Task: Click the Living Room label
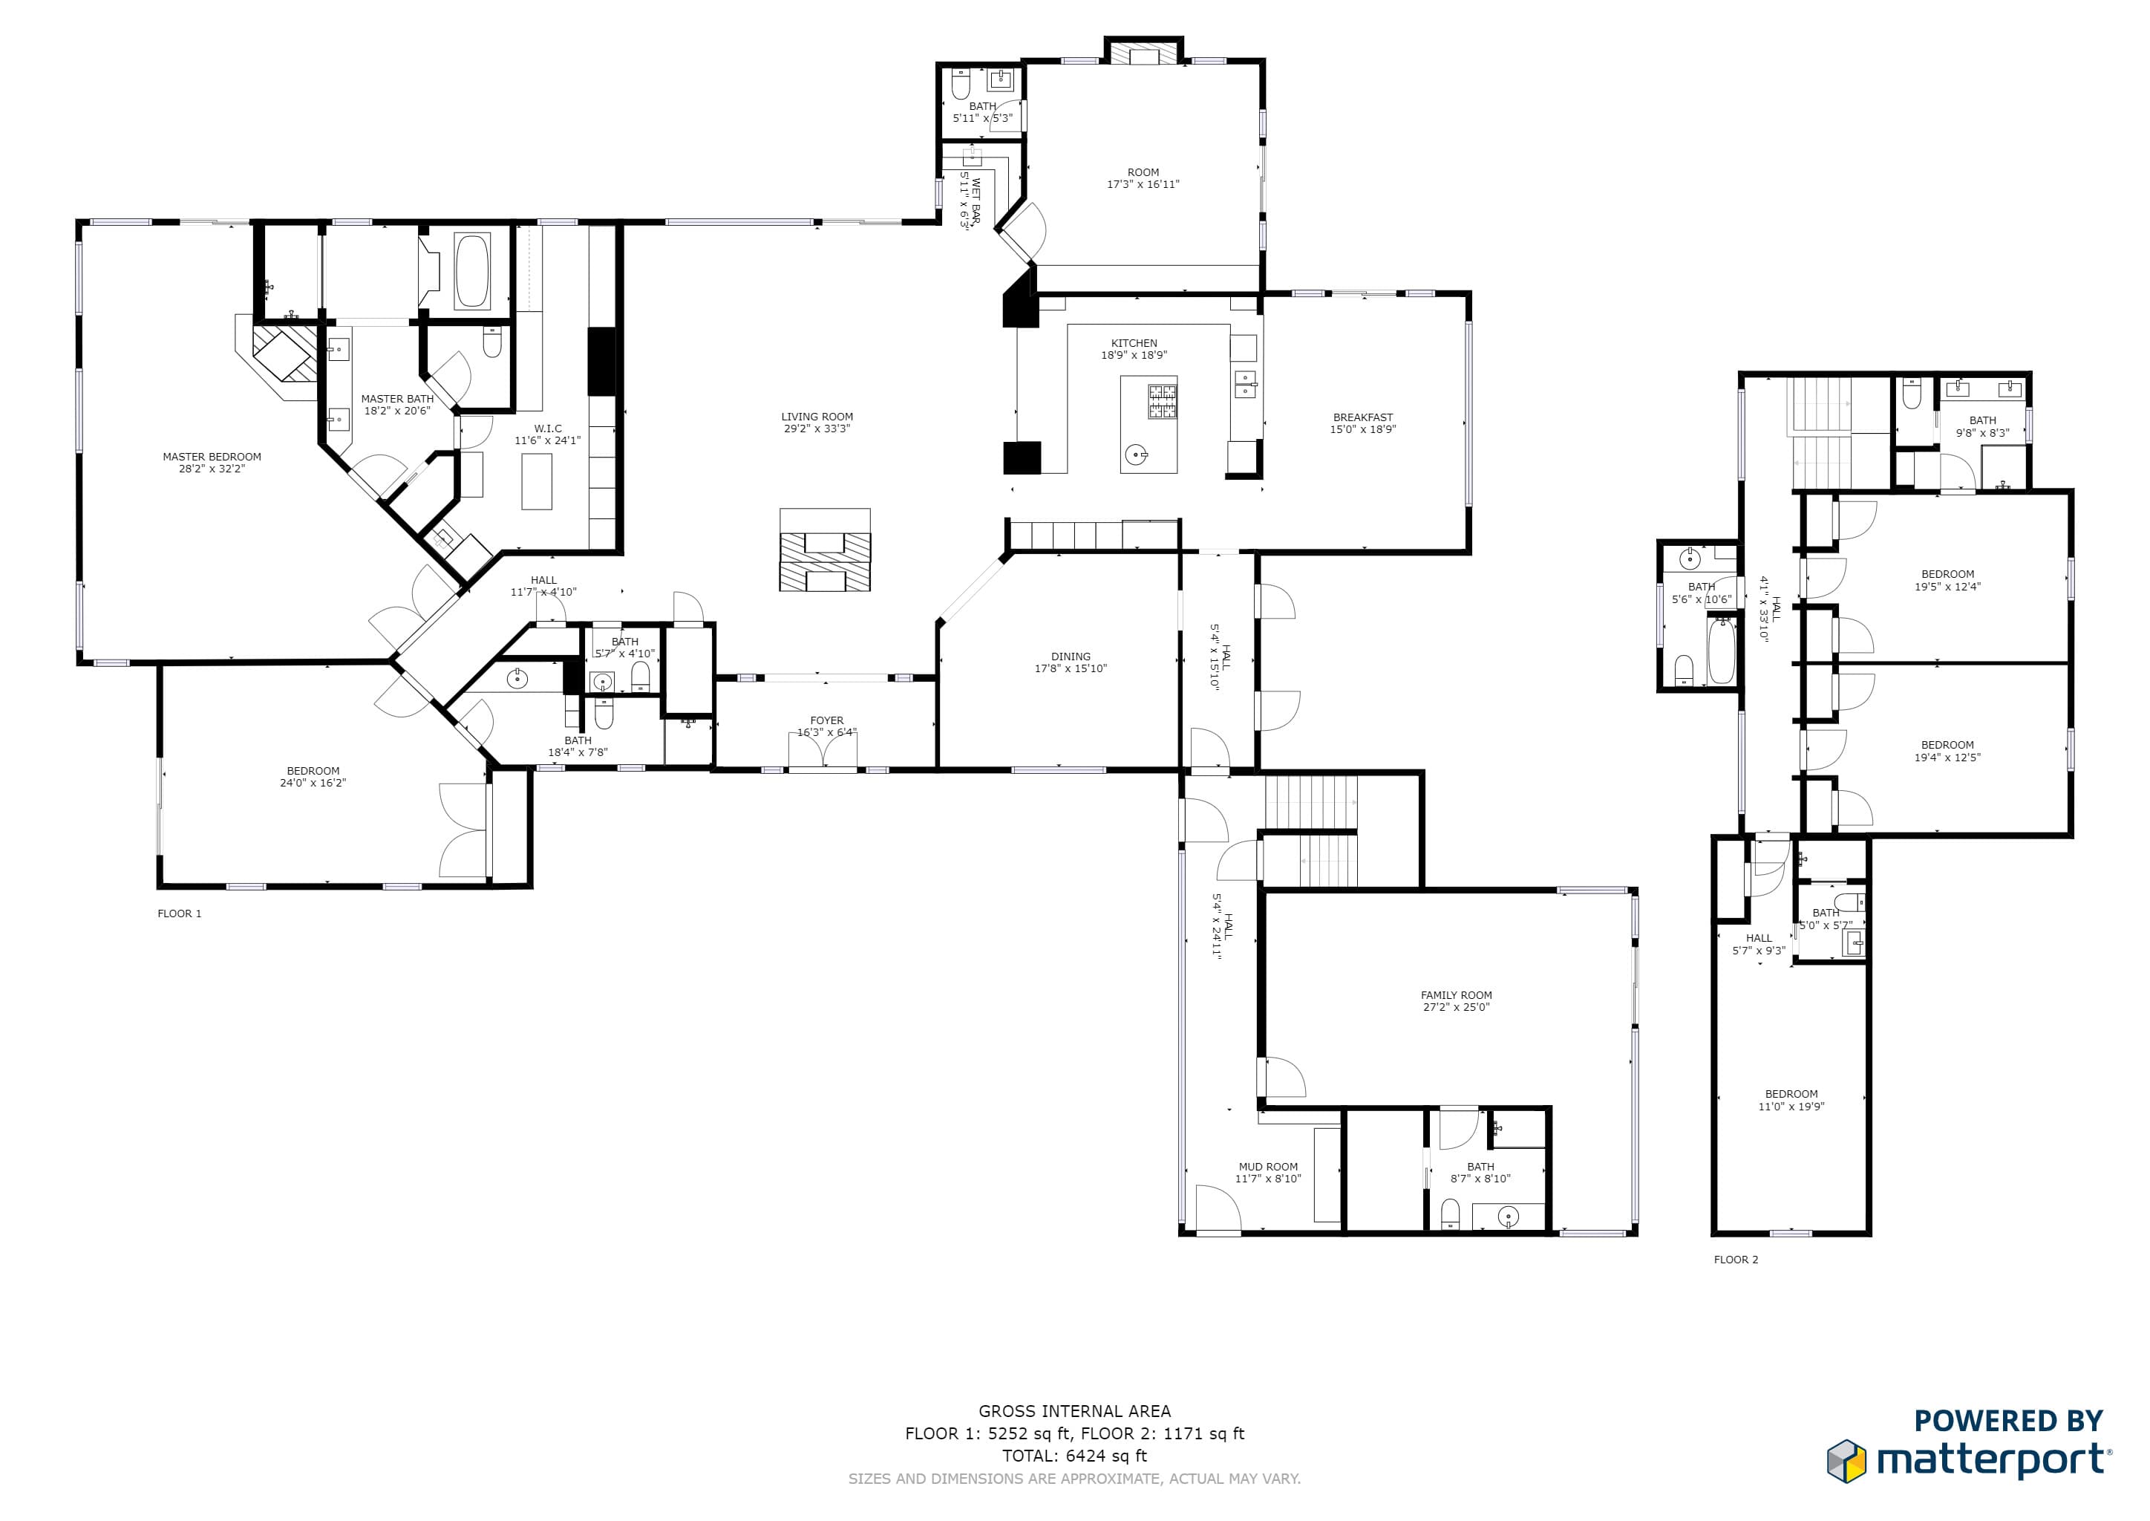pos(817,417)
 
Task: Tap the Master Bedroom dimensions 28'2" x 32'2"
pos(212,469)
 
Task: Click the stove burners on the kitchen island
pos(1162,402)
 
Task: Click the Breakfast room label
pos(1362,417)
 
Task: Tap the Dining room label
pos(1071,657)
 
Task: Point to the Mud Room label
pos(1268,1167)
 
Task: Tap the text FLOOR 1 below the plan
pos(179,913)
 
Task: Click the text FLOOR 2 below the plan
pos(1735,1260)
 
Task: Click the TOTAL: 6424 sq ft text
pos(1074,1456)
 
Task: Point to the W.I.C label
pos(548,429)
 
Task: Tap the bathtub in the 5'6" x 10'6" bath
pos(1721,650)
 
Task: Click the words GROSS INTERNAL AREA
pos(1074,1411)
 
